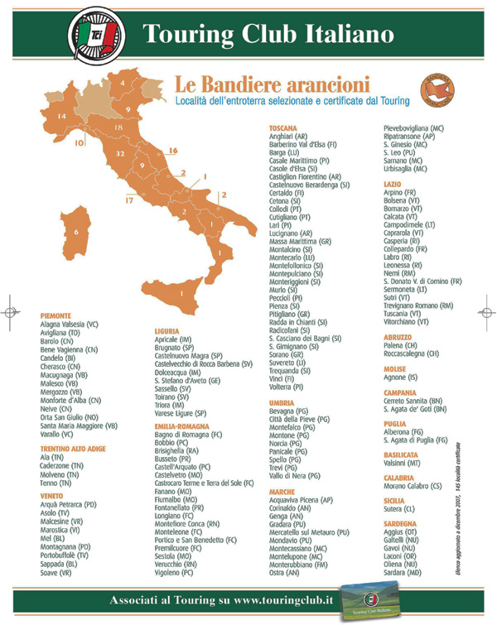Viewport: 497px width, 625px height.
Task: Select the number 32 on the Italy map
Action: tap(120, 153)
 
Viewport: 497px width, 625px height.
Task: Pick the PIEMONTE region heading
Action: tap(56, 315)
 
